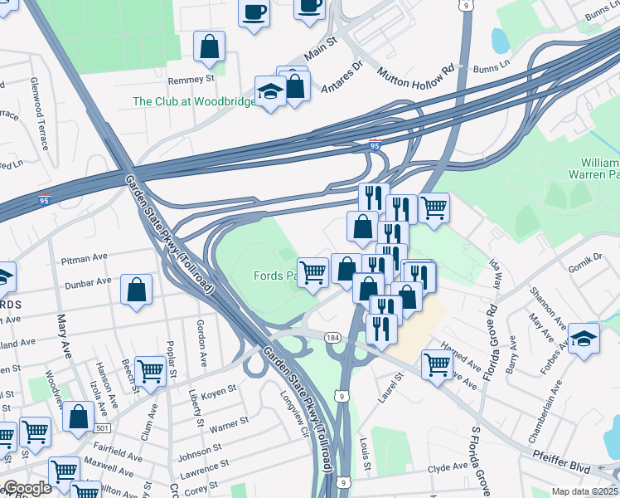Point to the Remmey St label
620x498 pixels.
[191, 80]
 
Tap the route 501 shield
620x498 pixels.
[101, 427]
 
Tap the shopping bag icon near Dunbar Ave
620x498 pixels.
[137, 291]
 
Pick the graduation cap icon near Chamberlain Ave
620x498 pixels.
[584, 339]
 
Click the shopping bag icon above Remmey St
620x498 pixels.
[209, 47]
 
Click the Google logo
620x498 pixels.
[27, 488]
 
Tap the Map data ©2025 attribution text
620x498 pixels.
[584, 491]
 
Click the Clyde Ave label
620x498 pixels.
[448, 468]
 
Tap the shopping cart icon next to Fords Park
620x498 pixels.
[312, 271]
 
